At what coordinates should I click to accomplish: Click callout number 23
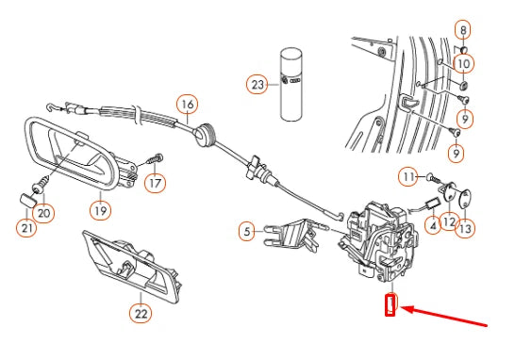coord(257,85)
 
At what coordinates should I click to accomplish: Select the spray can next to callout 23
coord(291,85)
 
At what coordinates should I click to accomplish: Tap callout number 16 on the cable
coord(188,105)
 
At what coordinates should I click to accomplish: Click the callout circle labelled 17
coord(155,183)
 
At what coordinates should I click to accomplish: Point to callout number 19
coord(101,210)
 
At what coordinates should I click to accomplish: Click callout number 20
coord(43,213)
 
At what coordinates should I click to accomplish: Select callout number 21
coord(26,227)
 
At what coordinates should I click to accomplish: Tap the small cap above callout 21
coord(26,201)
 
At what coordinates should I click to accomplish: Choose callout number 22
coord(141,314)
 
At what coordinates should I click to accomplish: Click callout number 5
coord(247,231)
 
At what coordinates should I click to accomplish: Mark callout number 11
coord(408,177)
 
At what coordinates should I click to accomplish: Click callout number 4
coord(433,225)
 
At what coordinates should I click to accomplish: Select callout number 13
coord(465,228)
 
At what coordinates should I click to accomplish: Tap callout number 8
coord(463,30)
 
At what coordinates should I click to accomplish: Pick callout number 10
coord(463,64)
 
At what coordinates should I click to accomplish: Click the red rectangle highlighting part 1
coord(390,305)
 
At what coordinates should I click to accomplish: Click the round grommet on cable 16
coord(204,134)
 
